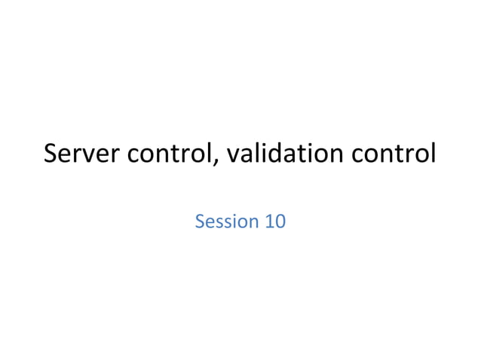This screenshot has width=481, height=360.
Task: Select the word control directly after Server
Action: click(169, 154)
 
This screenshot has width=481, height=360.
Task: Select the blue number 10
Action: click(274, 221)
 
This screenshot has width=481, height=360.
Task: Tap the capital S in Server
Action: click(51, 154)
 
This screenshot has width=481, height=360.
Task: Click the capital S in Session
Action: click(200, 221)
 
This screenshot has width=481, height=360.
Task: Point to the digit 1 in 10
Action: click(268, 221)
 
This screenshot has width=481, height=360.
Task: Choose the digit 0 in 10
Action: click(280, 221)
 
